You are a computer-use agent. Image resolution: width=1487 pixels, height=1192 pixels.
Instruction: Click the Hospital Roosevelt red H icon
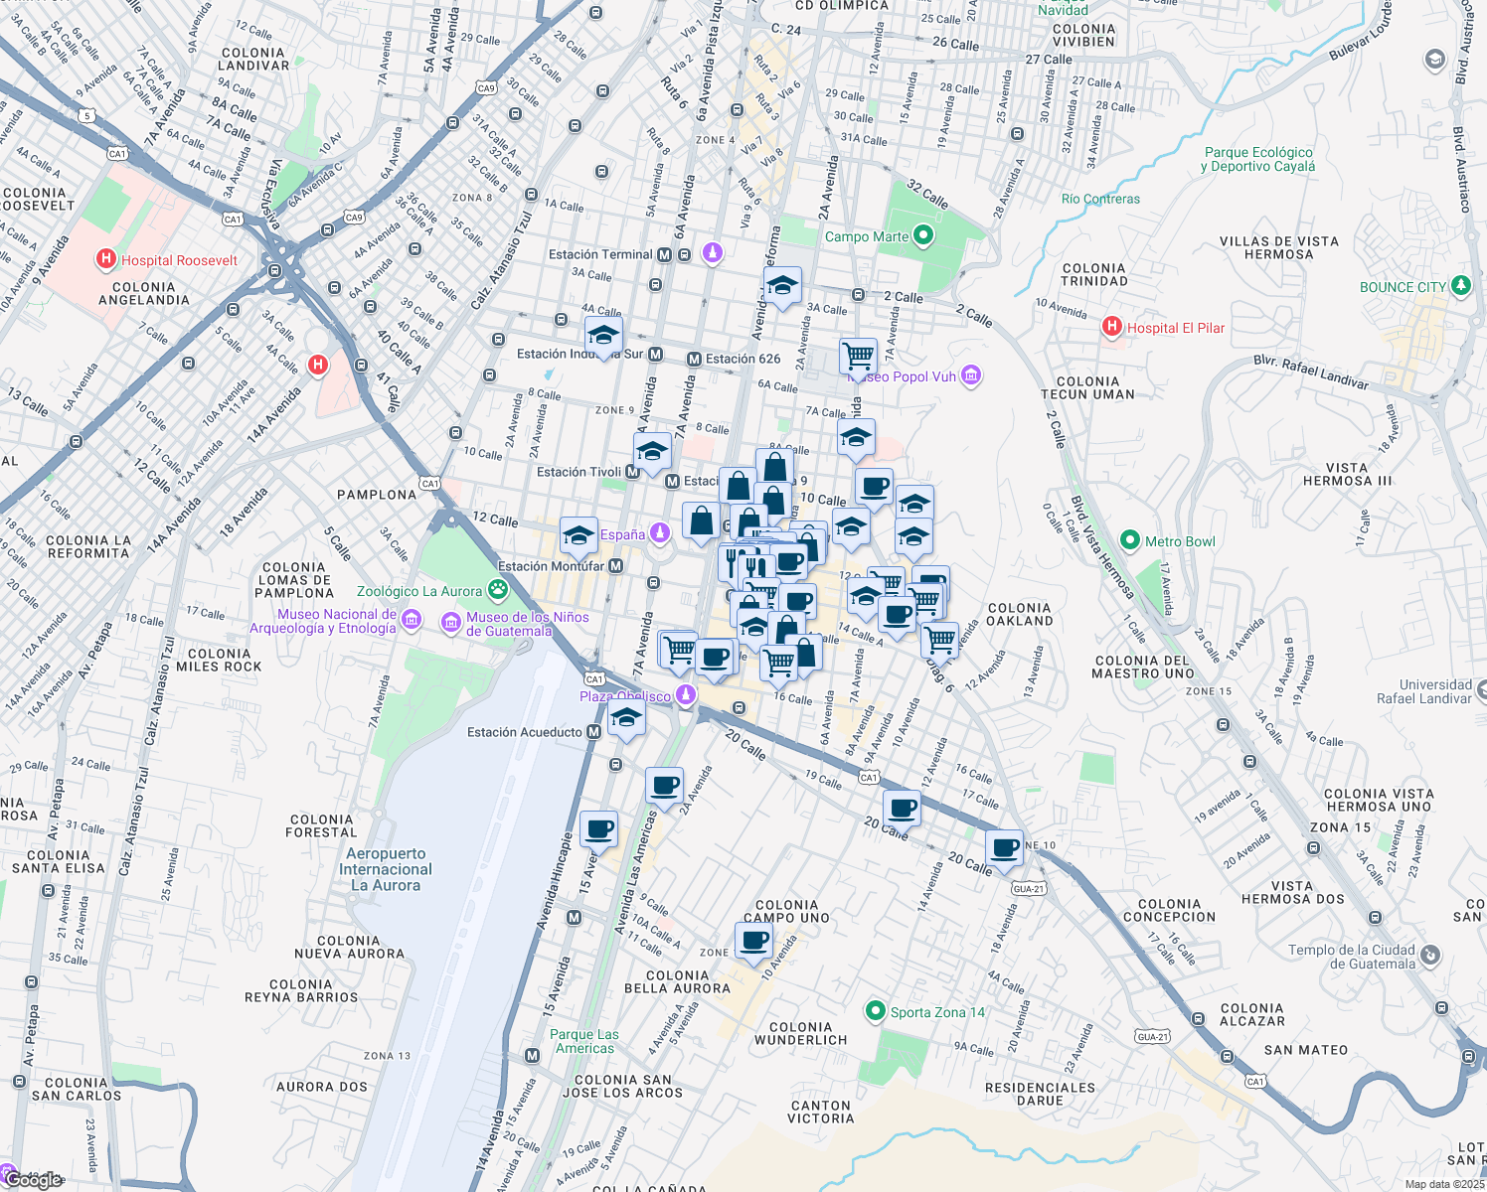tap(105, 260)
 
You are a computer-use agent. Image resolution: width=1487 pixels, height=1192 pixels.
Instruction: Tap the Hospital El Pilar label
tap(1175, 328)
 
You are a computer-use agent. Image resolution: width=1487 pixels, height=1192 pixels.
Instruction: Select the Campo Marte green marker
tap(923, 236)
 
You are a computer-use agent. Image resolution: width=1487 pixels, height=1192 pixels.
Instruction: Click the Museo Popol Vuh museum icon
tap(971, 375)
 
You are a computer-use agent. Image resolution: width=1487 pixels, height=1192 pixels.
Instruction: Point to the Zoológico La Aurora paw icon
tap(497, 591)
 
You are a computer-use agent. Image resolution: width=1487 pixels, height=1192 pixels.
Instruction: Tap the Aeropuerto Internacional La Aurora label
tap(386, 869)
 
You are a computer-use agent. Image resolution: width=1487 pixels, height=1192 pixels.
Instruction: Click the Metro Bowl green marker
tap(1129, 541)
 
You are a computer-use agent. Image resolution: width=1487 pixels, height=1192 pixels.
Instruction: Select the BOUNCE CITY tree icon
tap(1460, 286)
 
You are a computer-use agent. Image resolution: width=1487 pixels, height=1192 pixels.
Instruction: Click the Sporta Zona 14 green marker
tap(875, 1011)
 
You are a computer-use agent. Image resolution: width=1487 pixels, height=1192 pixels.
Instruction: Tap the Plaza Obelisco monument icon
tap(685, 695)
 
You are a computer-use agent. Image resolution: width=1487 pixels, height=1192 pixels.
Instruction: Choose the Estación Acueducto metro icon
tap(593, 732)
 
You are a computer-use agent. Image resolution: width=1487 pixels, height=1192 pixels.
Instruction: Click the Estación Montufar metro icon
tap(616, 566)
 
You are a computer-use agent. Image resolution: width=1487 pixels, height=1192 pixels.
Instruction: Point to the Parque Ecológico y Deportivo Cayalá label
tap(1257, 159)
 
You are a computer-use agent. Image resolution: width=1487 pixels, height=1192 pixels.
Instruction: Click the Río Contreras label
tap(1100, 199)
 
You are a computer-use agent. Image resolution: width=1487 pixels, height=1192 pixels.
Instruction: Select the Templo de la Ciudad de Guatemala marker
tap(1429, 956)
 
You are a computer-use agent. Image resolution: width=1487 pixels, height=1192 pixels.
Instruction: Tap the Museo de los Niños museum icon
tap(451, 623)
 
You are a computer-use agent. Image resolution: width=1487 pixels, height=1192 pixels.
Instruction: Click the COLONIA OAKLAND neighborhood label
tap(1019, 614)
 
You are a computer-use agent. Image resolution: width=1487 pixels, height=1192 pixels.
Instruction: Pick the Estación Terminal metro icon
tap(664, 255)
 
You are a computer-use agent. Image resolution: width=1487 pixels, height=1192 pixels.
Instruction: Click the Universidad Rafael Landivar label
tap(1423, 691)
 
